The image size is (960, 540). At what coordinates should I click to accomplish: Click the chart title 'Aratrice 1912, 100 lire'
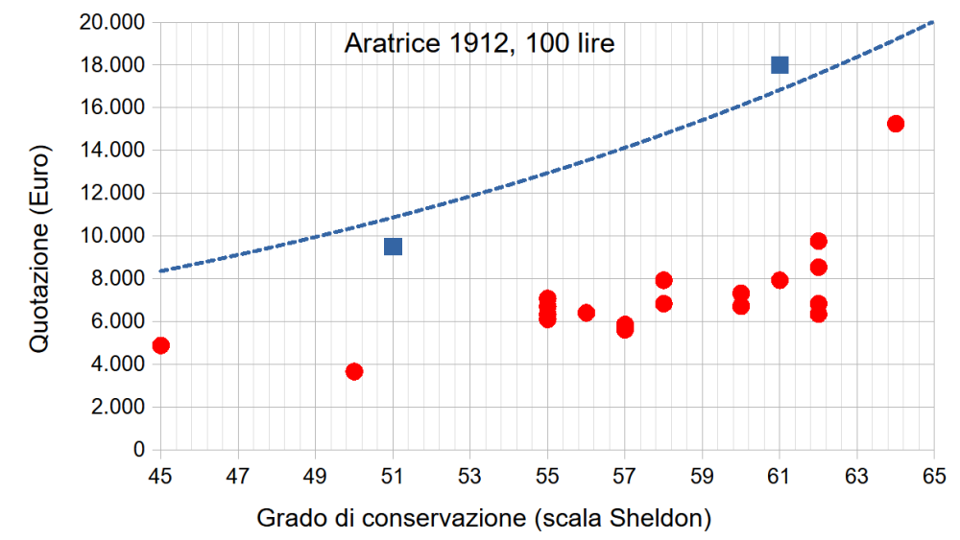(x=479, y=43)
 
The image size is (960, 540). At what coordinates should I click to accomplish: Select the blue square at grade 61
(x=780, y=65)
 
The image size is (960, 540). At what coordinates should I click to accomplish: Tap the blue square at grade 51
(x=393, y=247)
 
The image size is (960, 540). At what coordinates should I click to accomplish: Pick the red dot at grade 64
(x=896, y=124)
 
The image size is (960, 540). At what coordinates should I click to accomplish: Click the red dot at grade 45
(x=160, y=345)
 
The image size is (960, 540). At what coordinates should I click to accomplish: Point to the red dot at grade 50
(x=354, y=371)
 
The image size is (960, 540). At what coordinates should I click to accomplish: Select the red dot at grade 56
(x=587, y=313)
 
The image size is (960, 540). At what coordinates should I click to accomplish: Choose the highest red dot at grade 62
(x=818, y=241)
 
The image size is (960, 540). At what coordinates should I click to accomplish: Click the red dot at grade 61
(x=780, y=280)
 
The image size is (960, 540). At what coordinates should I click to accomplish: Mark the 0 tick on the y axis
(x=139, y=450)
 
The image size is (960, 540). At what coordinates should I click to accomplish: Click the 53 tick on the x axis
(x=469, y=474)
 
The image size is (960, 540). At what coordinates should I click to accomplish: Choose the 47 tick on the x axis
(x=237, y=474)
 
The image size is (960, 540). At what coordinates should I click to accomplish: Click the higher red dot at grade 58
(x=663, y=280)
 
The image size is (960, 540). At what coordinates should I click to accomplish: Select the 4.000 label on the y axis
(x=115, y=364)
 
